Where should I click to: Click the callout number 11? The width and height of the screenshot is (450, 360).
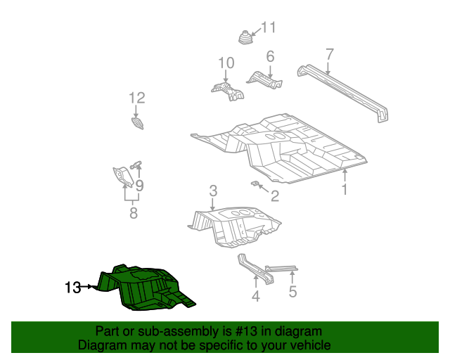tap(269, 28)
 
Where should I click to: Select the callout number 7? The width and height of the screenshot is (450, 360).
tap(329, 54)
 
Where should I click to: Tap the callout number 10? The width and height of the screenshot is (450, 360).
tap(225, 64)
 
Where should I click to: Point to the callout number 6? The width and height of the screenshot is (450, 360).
tap(269, 56)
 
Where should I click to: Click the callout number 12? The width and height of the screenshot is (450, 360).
tap(136, 98)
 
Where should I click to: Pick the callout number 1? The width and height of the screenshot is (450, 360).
tap(345, 190)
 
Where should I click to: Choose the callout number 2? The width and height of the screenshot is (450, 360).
tap(274, 196)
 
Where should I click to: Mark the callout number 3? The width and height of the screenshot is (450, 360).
tap(213, 191)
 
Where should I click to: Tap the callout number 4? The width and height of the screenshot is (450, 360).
tap(256, 297)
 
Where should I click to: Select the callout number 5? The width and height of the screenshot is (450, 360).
tap(292, 290)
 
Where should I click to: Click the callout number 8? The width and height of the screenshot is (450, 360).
tap(134, 213)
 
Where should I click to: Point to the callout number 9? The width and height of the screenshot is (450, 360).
tap(139, 186)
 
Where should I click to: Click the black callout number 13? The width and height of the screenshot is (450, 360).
tap(72, 287)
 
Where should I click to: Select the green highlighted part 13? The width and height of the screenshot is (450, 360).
tap(144, 287)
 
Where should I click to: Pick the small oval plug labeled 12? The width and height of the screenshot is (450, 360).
tap(138, 124)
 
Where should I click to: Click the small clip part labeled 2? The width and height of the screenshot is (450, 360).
tap(256, 184)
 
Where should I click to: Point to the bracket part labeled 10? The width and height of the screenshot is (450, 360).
tap(226, 89)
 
